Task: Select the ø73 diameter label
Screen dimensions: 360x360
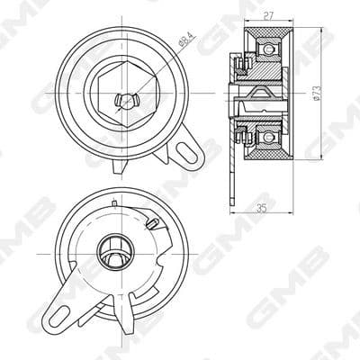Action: tap(318, 95)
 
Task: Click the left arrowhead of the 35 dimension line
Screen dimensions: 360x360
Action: tap(232, 210)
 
